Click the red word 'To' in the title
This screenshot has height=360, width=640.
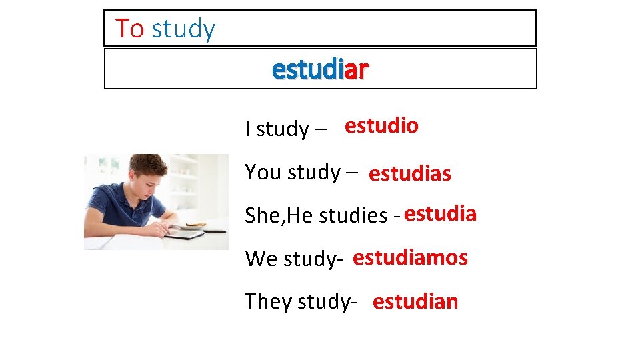coord(129,29)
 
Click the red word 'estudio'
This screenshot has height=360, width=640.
coord(381,125)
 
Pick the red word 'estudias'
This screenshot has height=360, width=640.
coord(409,174)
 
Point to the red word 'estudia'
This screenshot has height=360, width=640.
coord(440,214)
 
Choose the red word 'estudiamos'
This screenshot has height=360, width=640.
coord(410,257)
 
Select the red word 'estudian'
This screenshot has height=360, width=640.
coord(415,301)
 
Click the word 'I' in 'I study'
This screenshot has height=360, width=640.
coord(248,128)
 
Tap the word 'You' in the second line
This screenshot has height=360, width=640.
coord(263,172)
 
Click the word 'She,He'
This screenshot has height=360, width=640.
coord(279,215)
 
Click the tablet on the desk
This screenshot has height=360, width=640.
coord(184,234)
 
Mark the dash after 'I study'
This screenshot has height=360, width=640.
coord(321,129)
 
